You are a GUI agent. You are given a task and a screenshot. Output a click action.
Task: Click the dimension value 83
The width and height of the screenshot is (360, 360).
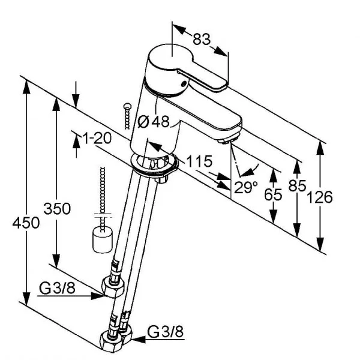tap(202, 40)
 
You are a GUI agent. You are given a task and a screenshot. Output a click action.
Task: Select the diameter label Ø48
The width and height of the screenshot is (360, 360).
tap(154, 122)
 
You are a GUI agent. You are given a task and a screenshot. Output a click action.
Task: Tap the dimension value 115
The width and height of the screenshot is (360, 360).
tap(199, 161)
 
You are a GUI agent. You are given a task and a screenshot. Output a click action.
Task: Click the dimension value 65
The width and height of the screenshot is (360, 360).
tap(272, 195)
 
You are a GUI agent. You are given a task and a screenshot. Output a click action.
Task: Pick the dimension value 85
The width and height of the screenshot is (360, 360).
tap(296, 185)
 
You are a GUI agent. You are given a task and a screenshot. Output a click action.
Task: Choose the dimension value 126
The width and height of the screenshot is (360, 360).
tap(321, 197)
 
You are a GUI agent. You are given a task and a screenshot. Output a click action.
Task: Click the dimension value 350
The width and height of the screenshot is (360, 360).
tap(57, 209)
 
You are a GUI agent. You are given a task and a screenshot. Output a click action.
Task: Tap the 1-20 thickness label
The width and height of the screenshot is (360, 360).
tap(97, 138)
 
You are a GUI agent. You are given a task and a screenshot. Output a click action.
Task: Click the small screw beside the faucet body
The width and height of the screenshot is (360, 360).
tap(125, 116)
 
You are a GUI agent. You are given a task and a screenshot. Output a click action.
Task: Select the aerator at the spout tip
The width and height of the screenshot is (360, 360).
tap(226, 140)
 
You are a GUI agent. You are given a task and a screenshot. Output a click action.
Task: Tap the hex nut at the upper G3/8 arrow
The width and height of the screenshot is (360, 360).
tap(112, 289)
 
